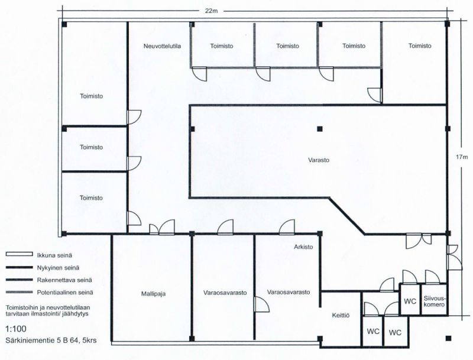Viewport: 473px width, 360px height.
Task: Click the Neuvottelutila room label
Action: click(x=162, y=46)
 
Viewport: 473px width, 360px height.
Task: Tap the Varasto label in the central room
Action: click(x=319, y=160)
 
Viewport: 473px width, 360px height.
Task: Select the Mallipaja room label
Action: click(x=153, y=294)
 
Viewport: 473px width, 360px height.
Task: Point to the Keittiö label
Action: click(x=341, y=316)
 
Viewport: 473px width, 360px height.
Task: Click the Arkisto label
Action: click(x=303, y=247)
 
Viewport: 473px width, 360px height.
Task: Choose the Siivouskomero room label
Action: click(x=435, y=301)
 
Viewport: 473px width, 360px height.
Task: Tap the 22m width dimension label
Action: click(x=212, y=11)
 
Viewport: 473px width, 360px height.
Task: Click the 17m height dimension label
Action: click(x=462, y=157)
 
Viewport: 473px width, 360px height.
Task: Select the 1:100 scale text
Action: click(x=16, y=329)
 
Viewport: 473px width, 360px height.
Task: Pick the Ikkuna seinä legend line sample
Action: click(x=19, y=255)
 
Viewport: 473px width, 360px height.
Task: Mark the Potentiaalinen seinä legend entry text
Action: click(x=65, y=293)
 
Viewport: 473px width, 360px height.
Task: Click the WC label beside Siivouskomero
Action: click(x=410, y=301)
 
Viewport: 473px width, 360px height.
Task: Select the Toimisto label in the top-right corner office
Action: click(x=420, y=46)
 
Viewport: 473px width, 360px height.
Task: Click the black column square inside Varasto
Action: click(x=320, y=129)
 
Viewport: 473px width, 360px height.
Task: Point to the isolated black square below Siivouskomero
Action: click(x=449, y=338)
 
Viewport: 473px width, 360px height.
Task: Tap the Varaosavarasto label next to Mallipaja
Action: click(x=225, y=293)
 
